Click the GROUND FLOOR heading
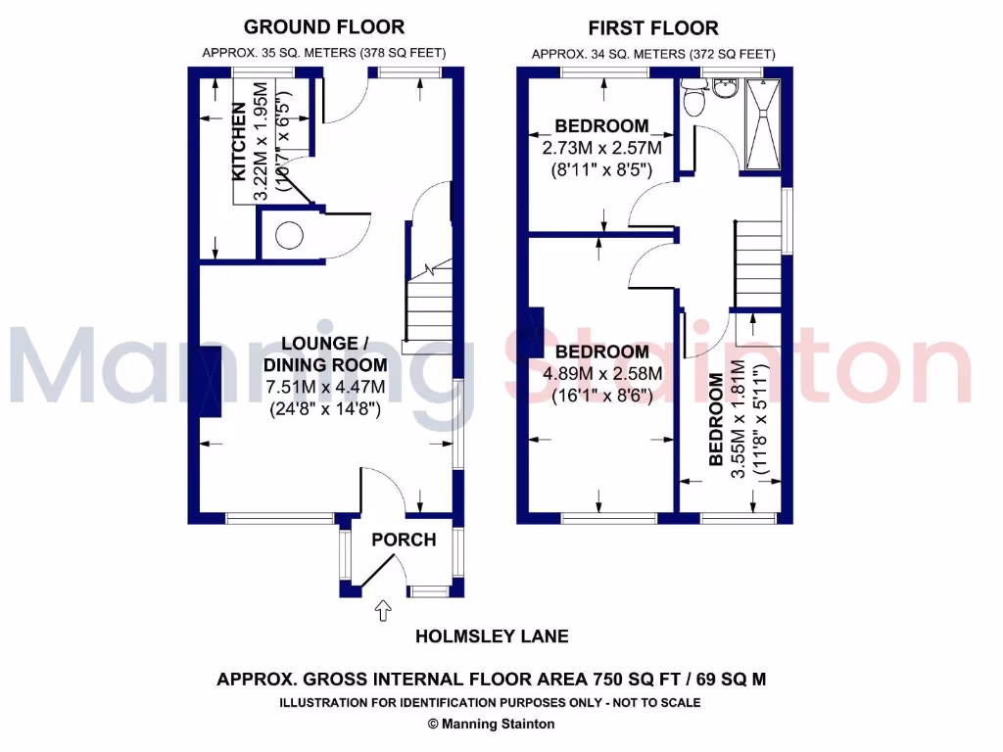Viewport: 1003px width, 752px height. click(323, 26)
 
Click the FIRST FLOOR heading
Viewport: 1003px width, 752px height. click(653, 28)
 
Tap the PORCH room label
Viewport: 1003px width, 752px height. click(403, 540)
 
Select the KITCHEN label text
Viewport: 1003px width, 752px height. click(238, 142)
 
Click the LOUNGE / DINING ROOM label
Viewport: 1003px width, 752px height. click(323, 354)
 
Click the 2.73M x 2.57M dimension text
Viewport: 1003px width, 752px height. click(601, 148)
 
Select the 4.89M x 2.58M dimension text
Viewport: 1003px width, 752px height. click(601, 374)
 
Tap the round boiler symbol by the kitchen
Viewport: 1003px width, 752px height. click(289, 236)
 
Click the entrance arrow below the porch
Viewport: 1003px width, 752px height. click(385, 612)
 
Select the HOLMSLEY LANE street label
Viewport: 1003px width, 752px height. click(492, 636)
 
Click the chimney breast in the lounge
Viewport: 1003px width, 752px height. click(210, 382)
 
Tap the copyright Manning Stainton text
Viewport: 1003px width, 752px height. click(491, 725)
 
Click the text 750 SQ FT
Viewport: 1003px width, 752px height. click(624, 679)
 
